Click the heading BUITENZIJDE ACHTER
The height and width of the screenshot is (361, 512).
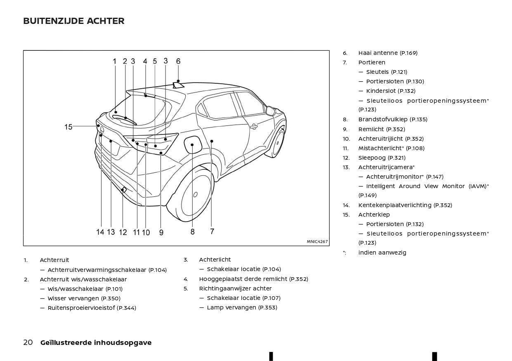[x=74, y=21]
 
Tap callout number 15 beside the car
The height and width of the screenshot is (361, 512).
[x=68, y=127]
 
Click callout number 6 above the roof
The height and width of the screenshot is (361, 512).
[x=178, y=61]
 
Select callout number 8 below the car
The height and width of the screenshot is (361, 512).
[x=192, y=232]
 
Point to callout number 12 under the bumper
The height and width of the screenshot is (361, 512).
[x=123, y=232]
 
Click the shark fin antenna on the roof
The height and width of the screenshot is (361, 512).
[x=178, y=85]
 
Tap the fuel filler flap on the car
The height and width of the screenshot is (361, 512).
[x=193, y=144]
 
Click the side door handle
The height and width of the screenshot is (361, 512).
[x=254, y=126]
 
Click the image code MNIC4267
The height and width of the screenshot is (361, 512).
[x=317, y=241]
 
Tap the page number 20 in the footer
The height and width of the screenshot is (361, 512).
[x=28, y=342]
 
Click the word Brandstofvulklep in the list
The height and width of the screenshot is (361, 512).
[x=383, y=119]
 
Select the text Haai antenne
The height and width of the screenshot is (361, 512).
[x=378, y=53]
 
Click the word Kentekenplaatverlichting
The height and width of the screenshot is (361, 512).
[x=395, y=205]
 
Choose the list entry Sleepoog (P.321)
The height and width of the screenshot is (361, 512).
[x=382, y=158]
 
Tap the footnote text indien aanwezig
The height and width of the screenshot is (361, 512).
[x=382, y=252]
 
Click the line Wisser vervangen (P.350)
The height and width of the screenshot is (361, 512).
[x=84, y=298]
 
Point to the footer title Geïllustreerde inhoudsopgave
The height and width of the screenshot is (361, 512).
[x=96, y=342]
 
